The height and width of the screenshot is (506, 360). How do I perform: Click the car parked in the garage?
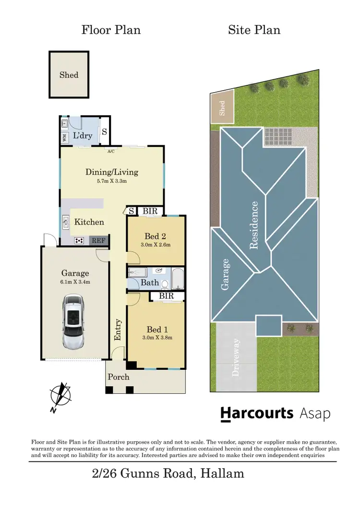click(x=73, y=322)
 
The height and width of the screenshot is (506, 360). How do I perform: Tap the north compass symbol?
click(x=61, y=396)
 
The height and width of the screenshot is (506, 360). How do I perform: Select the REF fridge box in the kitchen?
click(x=98, y=241)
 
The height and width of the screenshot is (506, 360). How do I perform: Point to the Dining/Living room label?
click(x=111, y=172)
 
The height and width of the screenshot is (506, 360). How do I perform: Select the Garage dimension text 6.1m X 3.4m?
click(x=74, y=282)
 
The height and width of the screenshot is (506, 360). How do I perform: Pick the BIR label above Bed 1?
click(x=167, y=296)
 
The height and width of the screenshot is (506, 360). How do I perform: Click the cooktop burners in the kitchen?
click(x=80, y=241)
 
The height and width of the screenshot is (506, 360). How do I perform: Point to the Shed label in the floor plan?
click(x=69, y=75)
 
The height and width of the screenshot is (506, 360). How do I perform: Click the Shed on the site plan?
click(x=222, y=108)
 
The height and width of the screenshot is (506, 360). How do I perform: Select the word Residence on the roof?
click(x=254, y=225)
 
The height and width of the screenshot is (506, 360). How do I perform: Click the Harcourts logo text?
click(x=257, y=413)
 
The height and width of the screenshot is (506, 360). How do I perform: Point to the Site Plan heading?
click(x=254, y=30)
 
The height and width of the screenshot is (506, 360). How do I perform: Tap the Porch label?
click(x=118, y=377)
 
